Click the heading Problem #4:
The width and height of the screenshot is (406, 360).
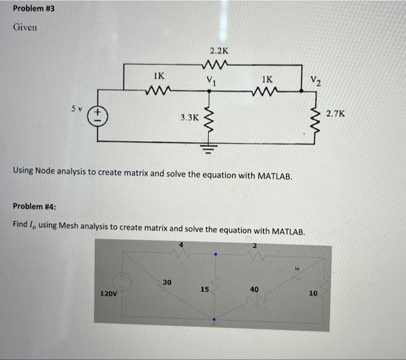(x=34, y=206)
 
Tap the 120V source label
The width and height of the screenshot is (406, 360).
(x=108, y=294)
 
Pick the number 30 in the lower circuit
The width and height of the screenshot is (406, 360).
(x=166, y=282)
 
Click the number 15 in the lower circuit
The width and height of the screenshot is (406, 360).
(x=204, y=289)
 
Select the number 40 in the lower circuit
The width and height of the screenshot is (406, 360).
(x=255, y=289)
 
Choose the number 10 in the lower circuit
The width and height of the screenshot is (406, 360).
(x=313, y=293)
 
